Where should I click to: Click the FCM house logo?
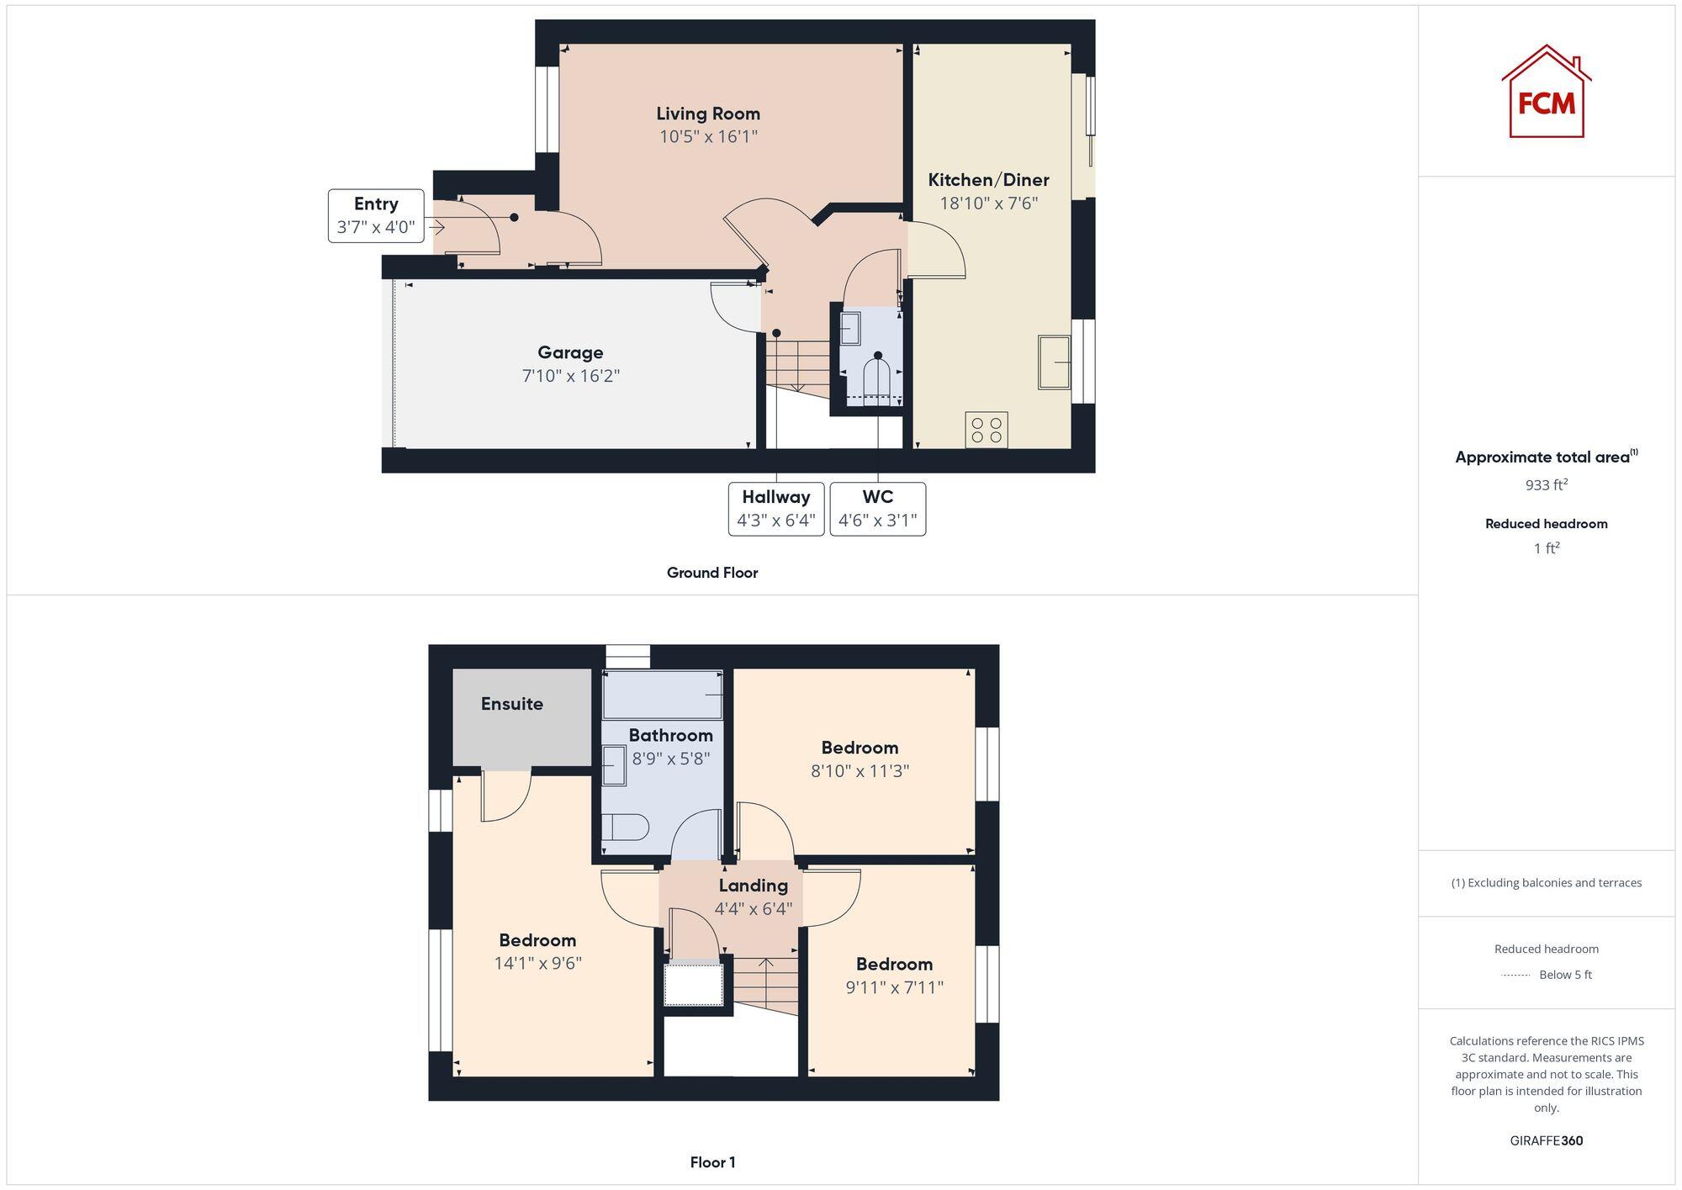click(1546, 93)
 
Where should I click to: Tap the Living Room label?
click(708, 114)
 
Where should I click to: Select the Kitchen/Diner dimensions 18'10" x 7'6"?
click(988, 203)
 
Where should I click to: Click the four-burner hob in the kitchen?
click(986, 430)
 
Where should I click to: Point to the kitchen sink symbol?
click(1054, 362)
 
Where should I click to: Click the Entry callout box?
click(376, 215)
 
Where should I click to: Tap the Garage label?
click(570, 352)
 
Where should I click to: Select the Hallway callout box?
click(775, 509)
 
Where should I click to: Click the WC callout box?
click(877, 509)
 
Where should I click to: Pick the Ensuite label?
click(511, 704)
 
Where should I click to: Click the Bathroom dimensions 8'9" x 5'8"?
click(671, 759)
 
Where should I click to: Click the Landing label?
click(753, 886)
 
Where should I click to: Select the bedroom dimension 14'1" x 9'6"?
click(537, 963)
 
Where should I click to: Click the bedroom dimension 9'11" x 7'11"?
click(894, 987)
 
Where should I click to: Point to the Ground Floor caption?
click(712, 573)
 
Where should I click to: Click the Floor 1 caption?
click(712, 1162)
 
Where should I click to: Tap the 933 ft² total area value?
click(1546, 485)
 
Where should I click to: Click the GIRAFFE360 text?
click(1546, 1140)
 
